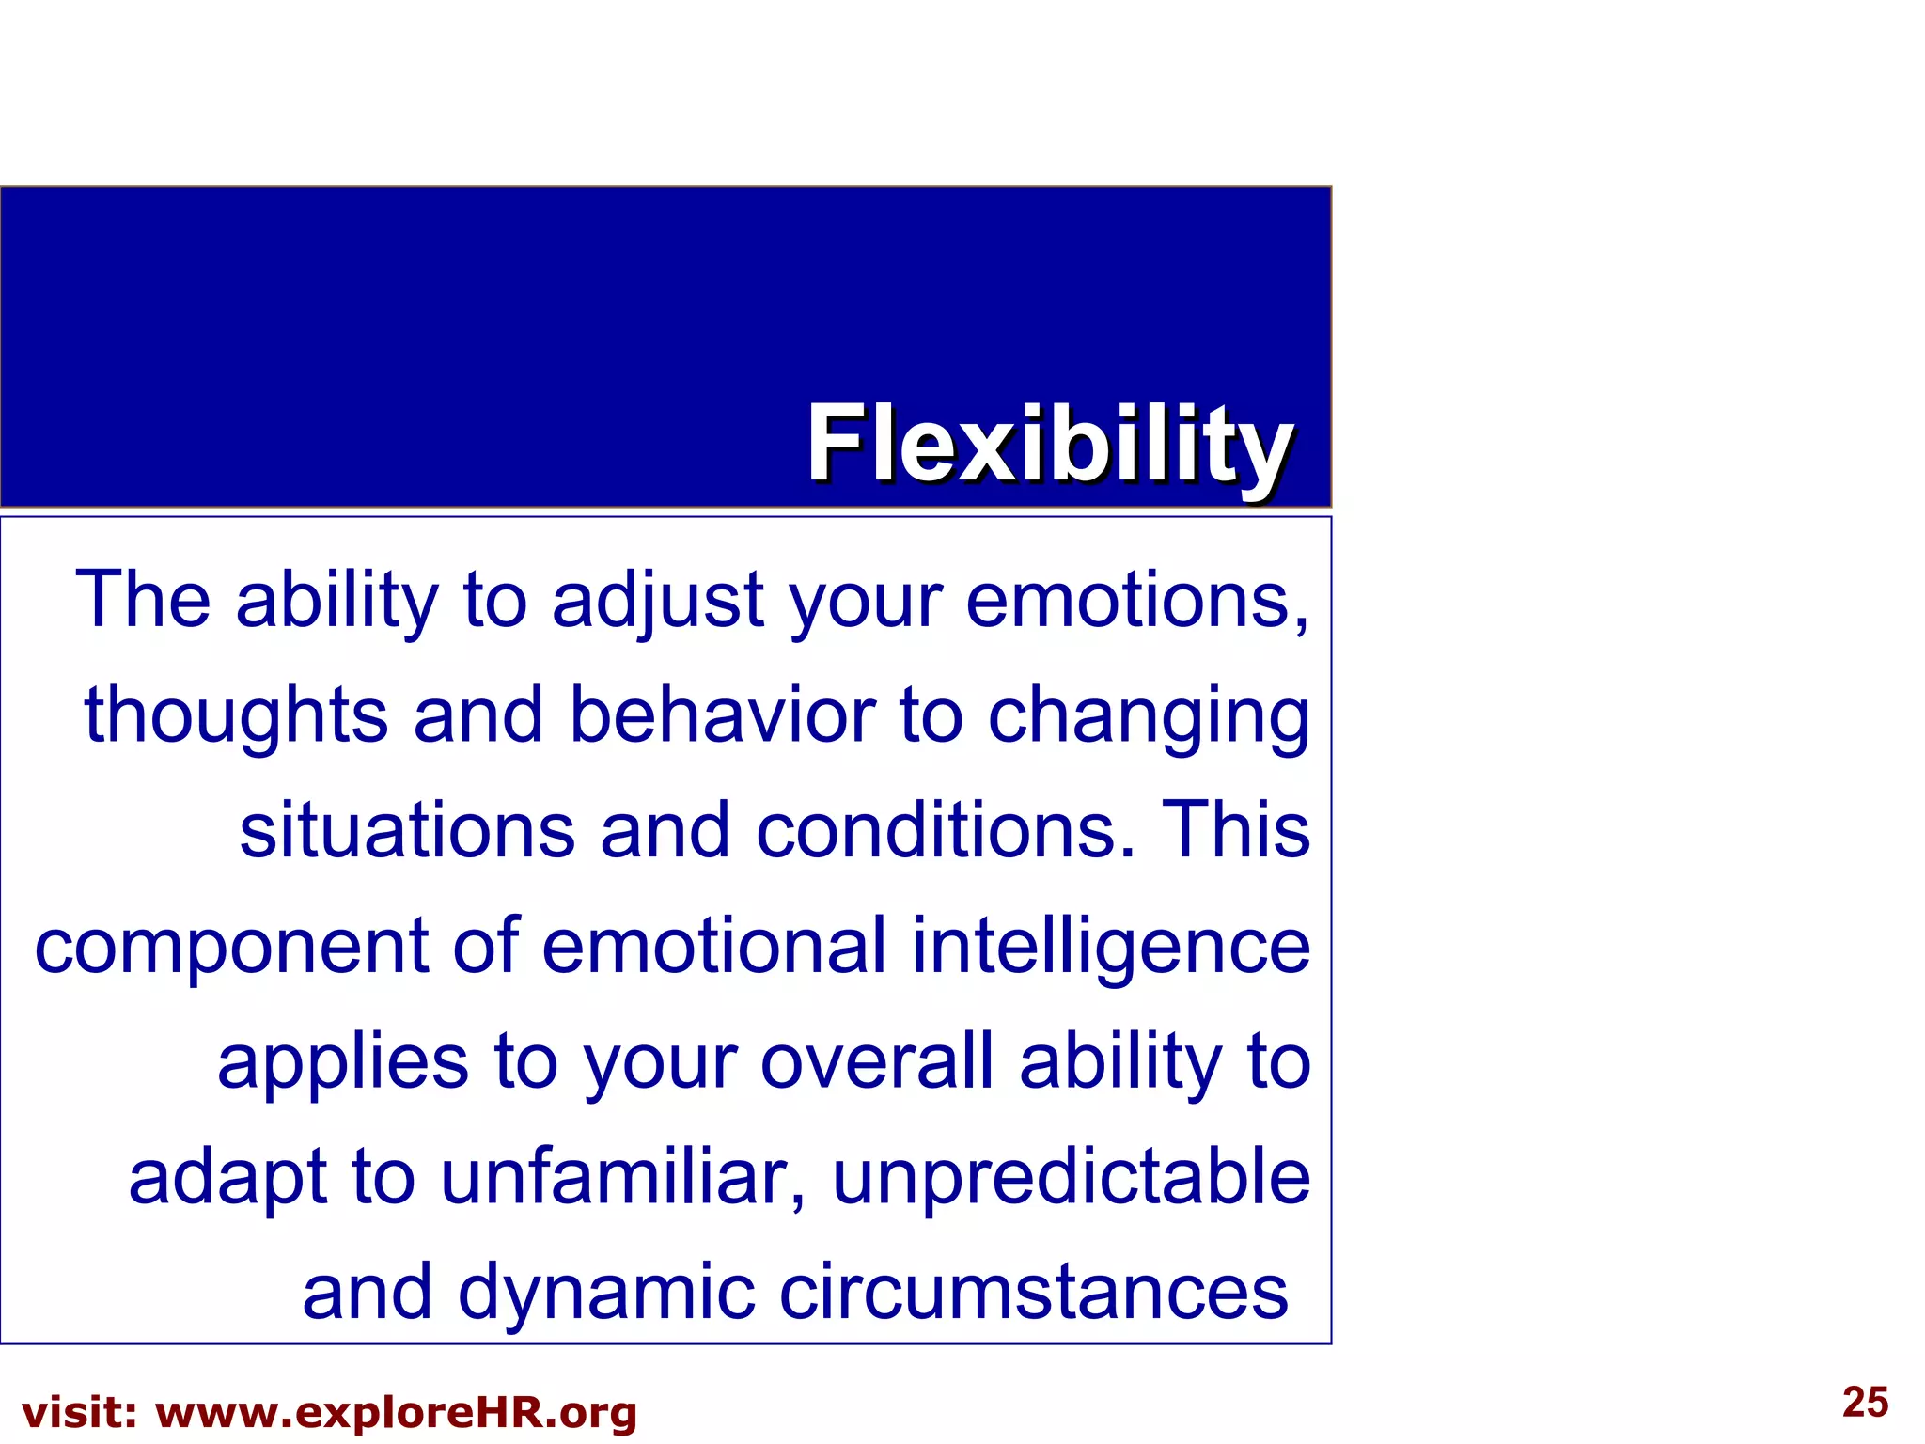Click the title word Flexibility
coord(1050,444)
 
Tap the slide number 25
coord(1865,1402)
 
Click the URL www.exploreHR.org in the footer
coord(396,1413)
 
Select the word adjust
coord(657,602)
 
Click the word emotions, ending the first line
coord(1137,602)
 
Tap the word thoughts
coord(236,717)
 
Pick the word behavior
coord(722,715)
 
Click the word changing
coord(1149,717)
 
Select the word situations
coord(407,831)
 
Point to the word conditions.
coord(944,831)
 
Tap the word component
coord(231,948)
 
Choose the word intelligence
coord(1111,948)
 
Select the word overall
coord(877,1062)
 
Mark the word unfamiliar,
coord(623,1178)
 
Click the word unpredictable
coord(1072,1178)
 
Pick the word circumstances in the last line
coord(1034,1293)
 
